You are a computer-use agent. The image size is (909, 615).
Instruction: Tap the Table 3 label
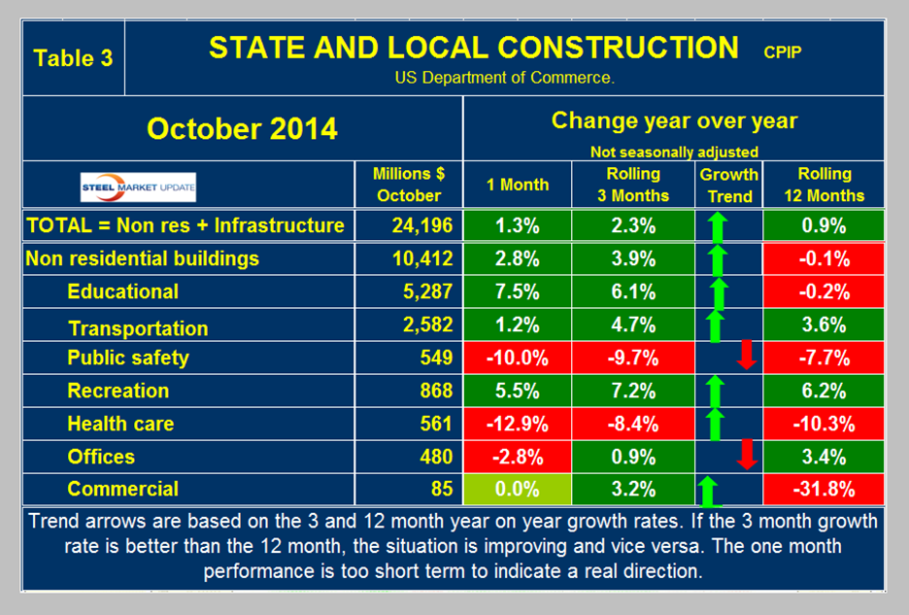coord(73,57)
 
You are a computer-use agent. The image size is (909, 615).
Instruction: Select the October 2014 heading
coord(242,128)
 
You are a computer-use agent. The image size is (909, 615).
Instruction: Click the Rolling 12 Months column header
coord(825,184)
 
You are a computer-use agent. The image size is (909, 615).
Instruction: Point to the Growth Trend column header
coord(729,185)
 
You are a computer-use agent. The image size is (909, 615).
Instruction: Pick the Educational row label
coord(122,291)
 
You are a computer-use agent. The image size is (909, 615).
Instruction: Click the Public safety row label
coord(127,358)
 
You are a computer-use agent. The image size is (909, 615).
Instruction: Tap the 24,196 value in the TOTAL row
coord(418,225)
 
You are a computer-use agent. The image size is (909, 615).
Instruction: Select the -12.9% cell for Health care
coord(517,424)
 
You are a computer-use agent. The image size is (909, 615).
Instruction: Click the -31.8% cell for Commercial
coord(825,489)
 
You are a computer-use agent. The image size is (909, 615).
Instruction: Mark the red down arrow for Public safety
coord(746,356)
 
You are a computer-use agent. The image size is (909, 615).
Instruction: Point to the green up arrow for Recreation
coord(715,391)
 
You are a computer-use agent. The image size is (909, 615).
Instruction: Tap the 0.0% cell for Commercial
coord(517,489)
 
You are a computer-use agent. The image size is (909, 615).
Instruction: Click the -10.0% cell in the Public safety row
coord(517,358)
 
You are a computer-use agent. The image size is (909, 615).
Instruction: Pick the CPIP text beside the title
coord(782,51)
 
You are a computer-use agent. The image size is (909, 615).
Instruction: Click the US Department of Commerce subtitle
coord(503,78)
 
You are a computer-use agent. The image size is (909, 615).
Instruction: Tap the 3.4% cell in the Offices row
coord(825,457)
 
